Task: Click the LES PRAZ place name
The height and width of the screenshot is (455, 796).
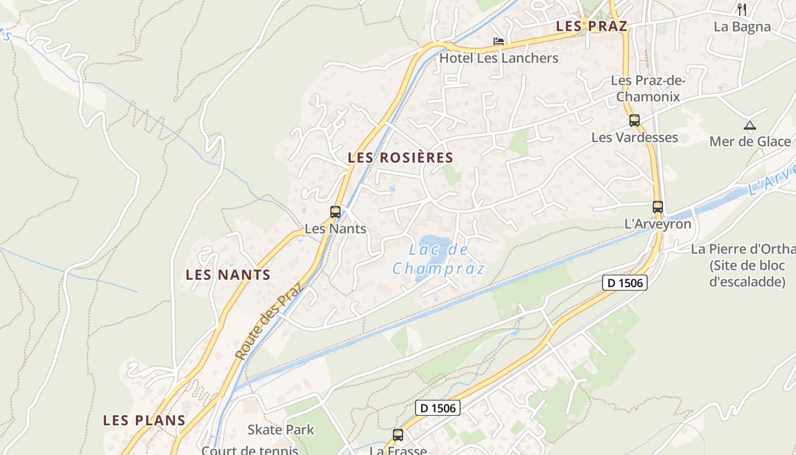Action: tap(591, 26)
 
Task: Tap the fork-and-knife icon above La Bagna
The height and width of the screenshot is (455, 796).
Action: tap(741, 9)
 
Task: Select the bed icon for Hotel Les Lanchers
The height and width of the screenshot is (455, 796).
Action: tap(499, 42)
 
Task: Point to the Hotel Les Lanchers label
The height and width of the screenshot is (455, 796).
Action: tap(499, 58)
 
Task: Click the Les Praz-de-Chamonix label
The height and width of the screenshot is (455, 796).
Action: tap(648, 89)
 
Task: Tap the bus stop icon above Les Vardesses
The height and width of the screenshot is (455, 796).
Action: tap(635, 121)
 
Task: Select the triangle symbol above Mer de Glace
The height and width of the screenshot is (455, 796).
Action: tap(749, 125)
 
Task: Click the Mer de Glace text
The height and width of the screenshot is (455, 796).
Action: tap(750, 142)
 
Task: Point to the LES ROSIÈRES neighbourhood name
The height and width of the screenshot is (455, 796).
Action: tap(400, 158)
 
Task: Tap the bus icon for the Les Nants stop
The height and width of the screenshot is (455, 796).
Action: tap(335, 212)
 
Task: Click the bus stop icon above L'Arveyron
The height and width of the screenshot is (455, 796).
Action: tap(658, 207)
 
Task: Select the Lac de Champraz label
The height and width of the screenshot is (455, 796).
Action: tap(439, 259)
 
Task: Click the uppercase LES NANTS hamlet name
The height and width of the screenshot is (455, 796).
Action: tap(228, 275)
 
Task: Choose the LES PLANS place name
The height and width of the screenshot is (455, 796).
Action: tap(144, 421)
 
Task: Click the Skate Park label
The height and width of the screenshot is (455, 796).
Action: tap(280, 430)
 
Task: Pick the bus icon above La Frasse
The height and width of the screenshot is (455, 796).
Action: tap(398, 435)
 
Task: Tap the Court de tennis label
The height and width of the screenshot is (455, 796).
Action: tap(250, 450)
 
